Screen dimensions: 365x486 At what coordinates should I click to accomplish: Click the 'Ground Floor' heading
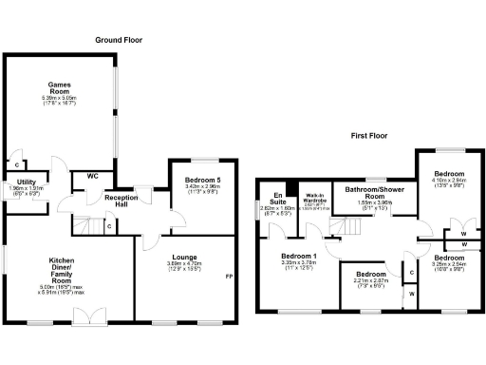point(120,40)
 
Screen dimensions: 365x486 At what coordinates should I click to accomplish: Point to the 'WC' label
point(93,176)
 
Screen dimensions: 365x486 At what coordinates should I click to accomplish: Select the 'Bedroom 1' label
point(299,257)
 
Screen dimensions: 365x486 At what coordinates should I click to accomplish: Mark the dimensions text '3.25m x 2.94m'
point(448,268)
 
